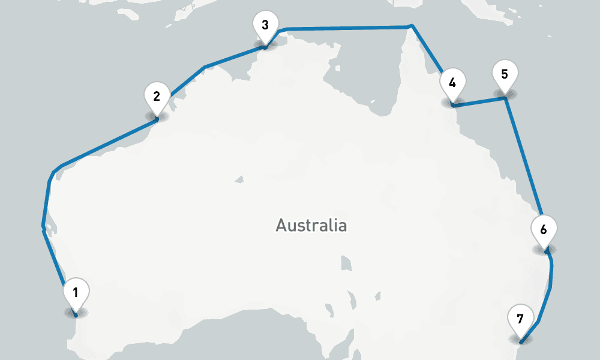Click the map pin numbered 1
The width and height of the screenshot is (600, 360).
click(76, 293)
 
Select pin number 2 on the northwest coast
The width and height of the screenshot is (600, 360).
click(157, 97)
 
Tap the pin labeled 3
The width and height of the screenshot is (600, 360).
click(265, 26)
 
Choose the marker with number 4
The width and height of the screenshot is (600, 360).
click(452, 83)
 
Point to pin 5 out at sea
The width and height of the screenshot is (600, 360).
click(505, 75)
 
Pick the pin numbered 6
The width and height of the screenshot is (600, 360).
click(544, 230)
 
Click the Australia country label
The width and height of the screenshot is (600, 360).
click(311, 226)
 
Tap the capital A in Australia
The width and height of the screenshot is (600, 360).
click(281, 226)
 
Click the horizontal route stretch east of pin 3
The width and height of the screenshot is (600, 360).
click(348, 28)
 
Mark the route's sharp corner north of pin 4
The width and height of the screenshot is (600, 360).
click(412, 26)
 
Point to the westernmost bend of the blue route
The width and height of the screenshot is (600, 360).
click(43, 227)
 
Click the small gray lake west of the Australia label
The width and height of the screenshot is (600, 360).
click(240, 178)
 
